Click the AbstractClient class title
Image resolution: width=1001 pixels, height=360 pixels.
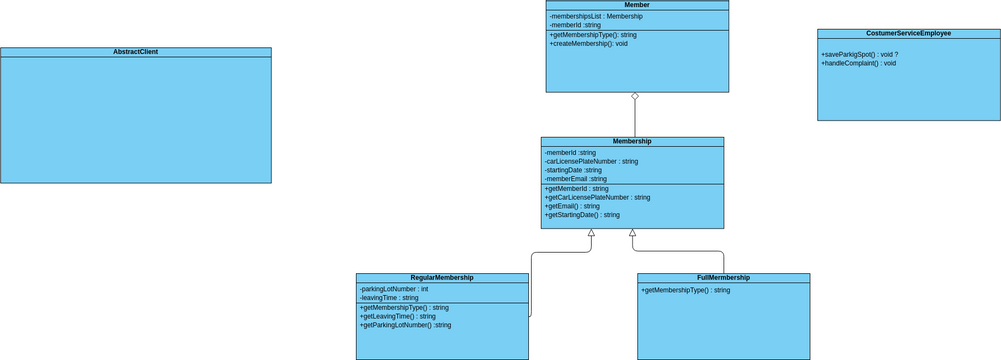tap(135, 52)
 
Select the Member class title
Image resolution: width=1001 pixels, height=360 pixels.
tap(637, 5)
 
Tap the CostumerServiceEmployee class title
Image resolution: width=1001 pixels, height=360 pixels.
tap(908, 33)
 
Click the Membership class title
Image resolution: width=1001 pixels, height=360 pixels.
tap(632, 142)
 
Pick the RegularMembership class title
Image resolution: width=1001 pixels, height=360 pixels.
tap(442, 278)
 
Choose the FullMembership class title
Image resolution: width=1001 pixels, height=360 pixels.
tap(723, 278)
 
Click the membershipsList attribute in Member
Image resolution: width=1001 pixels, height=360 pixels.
tap(596, 16)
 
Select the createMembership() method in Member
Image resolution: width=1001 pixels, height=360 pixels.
tap(589, 44)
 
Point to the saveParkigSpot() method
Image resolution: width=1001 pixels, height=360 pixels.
tap(859, 54)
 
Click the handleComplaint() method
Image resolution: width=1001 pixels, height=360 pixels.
tap(858, 63)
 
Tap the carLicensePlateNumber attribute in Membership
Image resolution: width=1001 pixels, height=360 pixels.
tap(591, 161)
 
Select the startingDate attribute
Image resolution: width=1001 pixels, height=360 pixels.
tap(573, 170)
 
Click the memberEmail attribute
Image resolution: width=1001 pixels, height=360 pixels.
tap(575, 179)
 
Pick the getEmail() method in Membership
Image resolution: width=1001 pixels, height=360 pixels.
tap(572, 206)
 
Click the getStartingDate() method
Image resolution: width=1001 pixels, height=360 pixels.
tap(582, 215)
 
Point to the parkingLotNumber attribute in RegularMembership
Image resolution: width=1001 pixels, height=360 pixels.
tap(394, 289)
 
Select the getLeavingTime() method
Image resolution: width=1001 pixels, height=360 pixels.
tap(398, 316)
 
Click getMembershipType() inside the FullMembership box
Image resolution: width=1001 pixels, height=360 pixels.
tap(685, 290)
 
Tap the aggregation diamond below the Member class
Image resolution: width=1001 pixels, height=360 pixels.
tap(635, 97)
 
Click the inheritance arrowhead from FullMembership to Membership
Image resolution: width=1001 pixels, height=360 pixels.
tap(632, 233)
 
